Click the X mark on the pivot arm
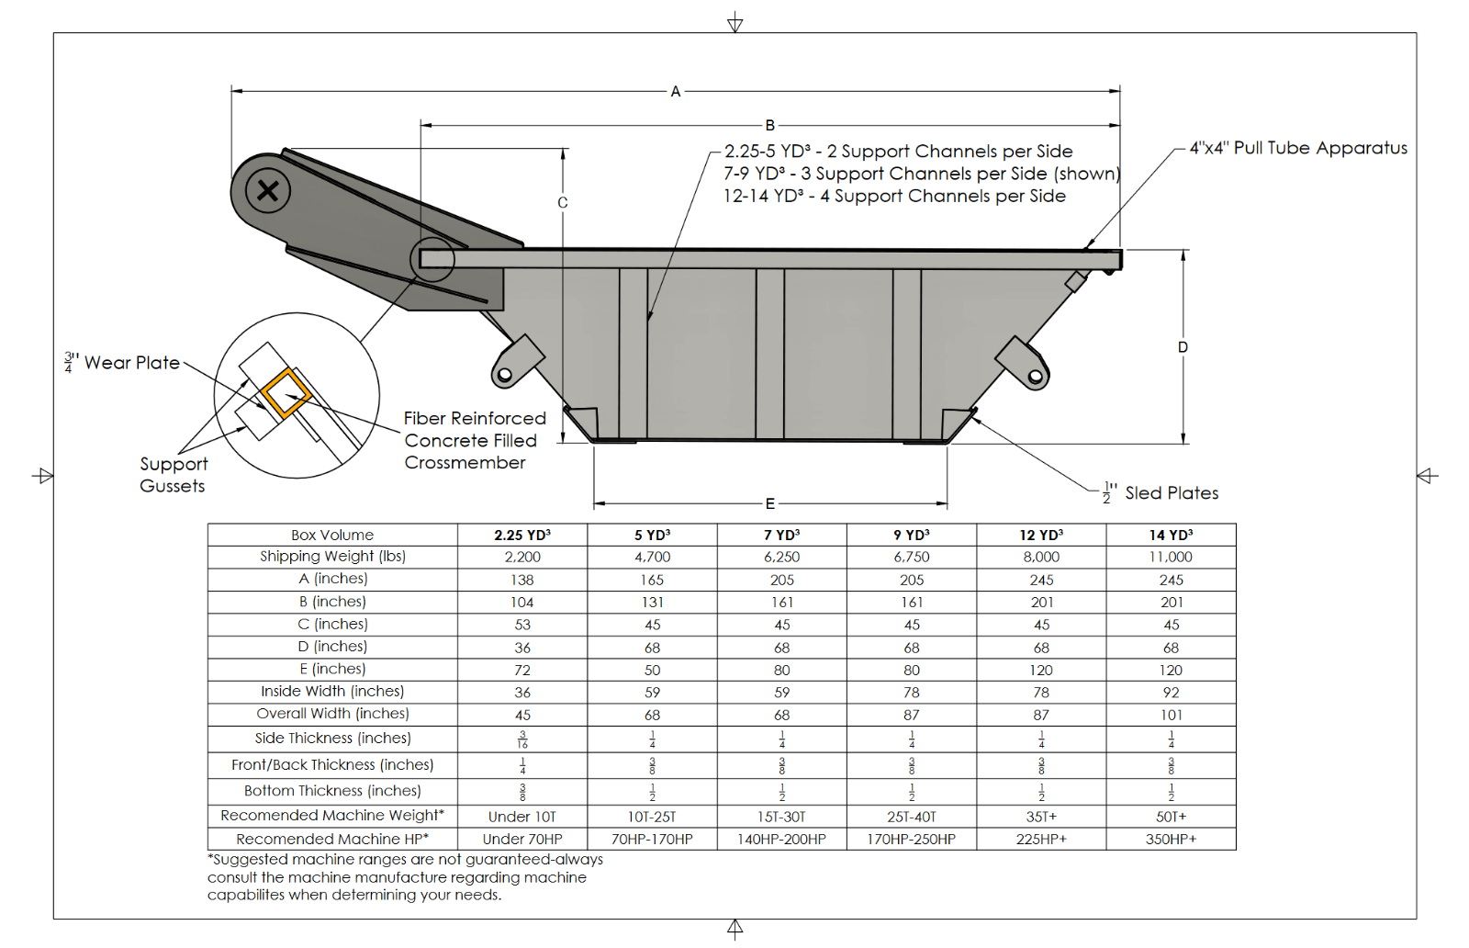[x=268, y=191]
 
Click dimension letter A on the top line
[x=676, y=92]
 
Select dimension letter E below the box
[x=770, y=503]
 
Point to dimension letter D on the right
[x=1183, y=347]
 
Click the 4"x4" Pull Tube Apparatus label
[x=1298, y=148]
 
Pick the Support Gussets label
[x=173, y=475]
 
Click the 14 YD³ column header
[x=1171, y=535]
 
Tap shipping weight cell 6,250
[x=781, y=557]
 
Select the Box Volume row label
[x=332, y=535]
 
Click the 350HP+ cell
[x=1171, y=839]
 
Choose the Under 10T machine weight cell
[x=521, y=817]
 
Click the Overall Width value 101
[x=1171, y=715]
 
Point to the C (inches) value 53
[x=521, y=625]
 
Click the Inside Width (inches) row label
[x=332, y=692]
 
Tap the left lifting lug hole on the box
[x=504, y=374]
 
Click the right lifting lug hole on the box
[x=1035, y=376]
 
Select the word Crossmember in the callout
[x=465, y=463]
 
